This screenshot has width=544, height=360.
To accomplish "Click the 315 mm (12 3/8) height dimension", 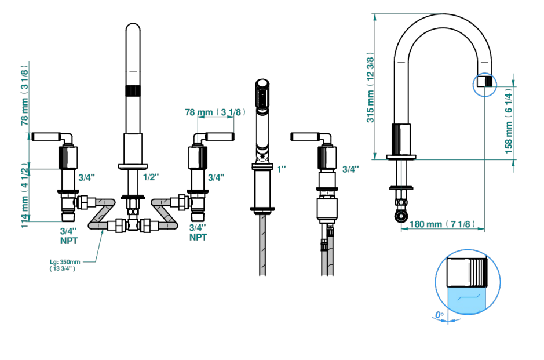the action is (x=371, y=88).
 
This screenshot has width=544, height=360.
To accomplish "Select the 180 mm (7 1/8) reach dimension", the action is (x=442, y=224).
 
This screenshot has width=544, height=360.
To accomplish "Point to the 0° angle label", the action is (x=439, y=315).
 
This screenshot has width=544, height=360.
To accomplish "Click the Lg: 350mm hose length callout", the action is (x=65, y=265).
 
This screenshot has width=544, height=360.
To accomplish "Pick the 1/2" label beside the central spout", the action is (x=151, y=177).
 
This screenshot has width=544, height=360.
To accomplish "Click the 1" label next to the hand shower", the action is (x=282, y=169).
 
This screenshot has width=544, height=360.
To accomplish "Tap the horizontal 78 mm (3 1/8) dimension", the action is (x=215, y=112).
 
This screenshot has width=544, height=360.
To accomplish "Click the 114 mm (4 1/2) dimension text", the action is (x=24, y=195).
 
